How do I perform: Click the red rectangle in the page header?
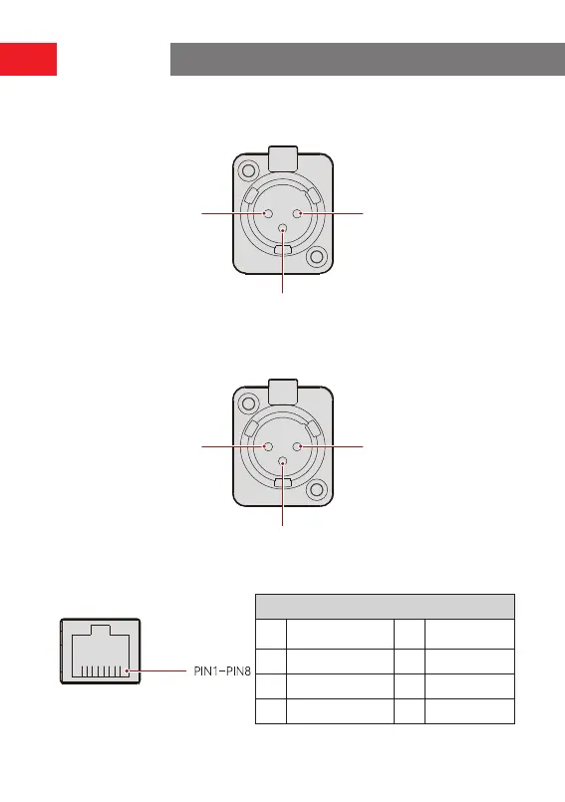(28, 60)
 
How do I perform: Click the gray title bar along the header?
(368, 60)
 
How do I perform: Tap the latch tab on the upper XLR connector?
(283, 158)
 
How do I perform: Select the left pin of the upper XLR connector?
(268, 213)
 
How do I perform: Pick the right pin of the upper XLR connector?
(297, 213)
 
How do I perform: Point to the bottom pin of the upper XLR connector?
(283, 228)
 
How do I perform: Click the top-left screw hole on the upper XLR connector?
(249, 169)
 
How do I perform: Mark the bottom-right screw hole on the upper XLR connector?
(316, 256)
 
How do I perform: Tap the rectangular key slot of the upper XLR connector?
(283, 250)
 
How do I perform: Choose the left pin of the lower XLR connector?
(268, 446)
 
